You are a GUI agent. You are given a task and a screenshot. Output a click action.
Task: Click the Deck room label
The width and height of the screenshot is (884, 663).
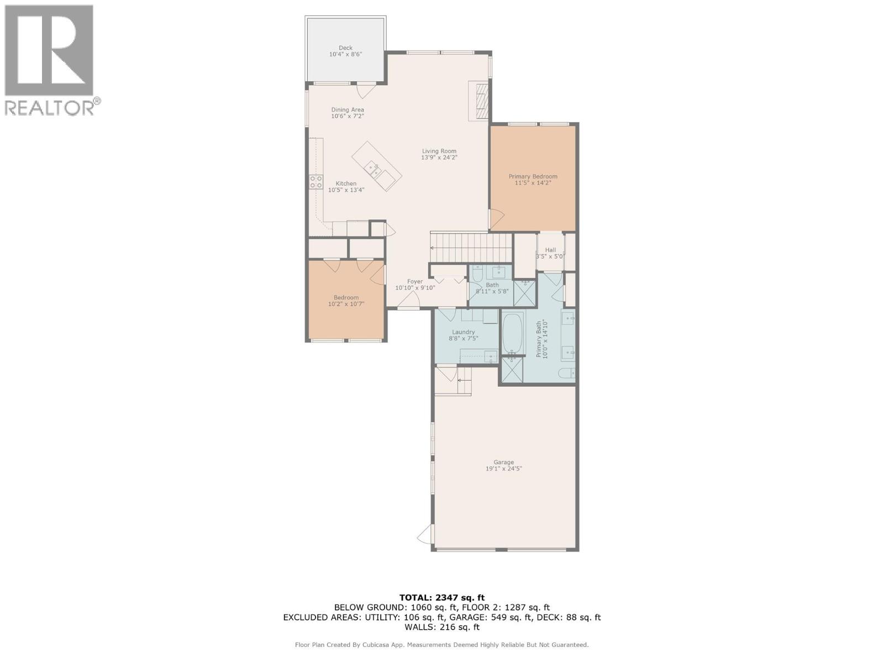pyautogui.click(x=345, y=48)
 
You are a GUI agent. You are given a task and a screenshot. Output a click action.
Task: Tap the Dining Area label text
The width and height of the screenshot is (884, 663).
pyautogui.click(x=348, y=110)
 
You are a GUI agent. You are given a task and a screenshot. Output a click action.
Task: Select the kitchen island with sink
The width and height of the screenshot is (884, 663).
pyautogui.click(x=377, y=166)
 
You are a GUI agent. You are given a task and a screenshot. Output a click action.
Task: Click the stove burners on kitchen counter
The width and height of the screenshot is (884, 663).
pyautogui.click(x=316, y=182)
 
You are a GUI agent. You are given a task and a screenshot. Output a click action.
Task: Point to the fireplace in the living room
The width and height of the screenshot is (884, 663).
pyautogui.click(x=480, y=100)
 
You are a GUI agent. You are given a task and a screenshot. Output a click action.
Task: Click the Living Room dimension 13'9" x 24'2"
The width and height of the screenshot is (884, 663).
pyautogui.click(x=439, y=157)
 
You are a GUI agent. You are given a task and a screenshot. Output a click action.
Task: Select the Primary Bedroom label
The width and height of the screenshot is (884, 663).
pyautogui.click(x=533, y=177)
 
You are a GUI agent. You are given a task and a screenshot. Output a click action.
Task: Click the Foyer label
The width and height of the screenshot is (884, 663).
pyautogui.click(x=415, y=282)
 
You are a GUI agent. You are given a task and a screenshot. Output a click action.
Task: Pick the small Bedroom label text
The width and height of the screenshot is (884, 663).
pyautogui.click(x=346, y=298)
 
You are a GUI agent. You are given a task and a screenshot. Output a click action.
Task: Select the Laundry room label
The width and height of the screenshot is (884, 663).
pyautogui.click(x=463, y=332)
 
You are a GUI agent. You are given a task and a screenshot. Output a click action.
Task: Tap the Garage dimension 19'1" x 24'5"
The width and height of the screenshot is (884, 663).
pyautogui.click(x=503, y=469)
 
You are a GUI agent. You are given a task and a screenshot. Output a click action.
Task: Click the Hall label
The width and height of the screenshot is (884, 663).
pyautogui.click(x=550, y=250)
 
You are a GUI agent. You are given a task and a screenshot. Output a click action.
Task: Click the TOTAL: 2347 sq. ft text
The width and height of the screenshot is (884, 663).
pyautogui.click(x=441, y=597)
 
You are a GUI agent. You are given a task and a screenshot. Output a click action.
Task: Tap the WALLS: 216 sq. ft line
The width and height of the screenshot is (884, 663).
pyautogui.click(x=441, y=627)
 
